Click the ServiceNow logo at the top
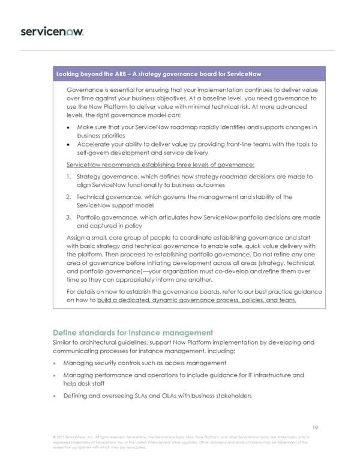(x=52, y=31)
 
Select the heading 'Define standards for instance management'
(x=133, y=332)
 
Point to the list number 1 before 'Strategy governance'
(x=69, y=177)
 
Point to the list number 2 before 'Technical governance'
(x=69, y=196)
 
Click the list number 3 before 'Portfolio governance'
(x=69, y=217)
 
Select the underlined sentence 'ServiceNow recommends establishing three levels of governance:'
(x=161, y=165)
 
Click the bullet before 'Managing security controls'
(x=56, y=363)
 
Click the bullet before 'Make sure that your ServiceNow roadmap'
(x=71, y=127)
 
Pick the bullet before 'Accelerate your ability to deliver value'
(x=71, y=144)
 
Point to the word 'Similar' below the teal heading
(x=65, y=342)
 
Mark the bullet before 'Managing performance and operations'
(x=56, y=375)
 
